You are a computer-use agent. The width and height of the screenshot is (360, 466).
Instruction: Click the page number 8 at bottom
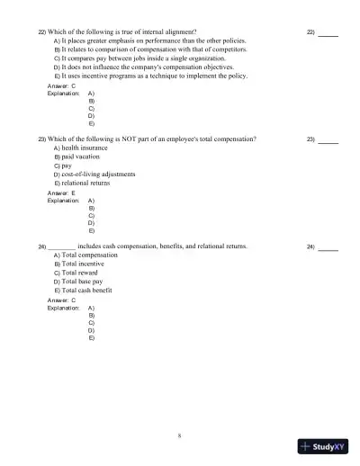pos(180,435)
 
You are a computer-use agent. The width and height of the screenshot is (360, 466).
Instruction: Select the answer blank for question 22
pos(328,33)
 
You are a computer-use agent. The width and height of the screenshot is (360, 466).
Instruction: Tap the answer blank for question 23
pos(328,140)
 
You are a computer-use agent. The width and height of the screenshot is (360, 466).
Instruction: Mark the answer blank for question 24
pos(328,247)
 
